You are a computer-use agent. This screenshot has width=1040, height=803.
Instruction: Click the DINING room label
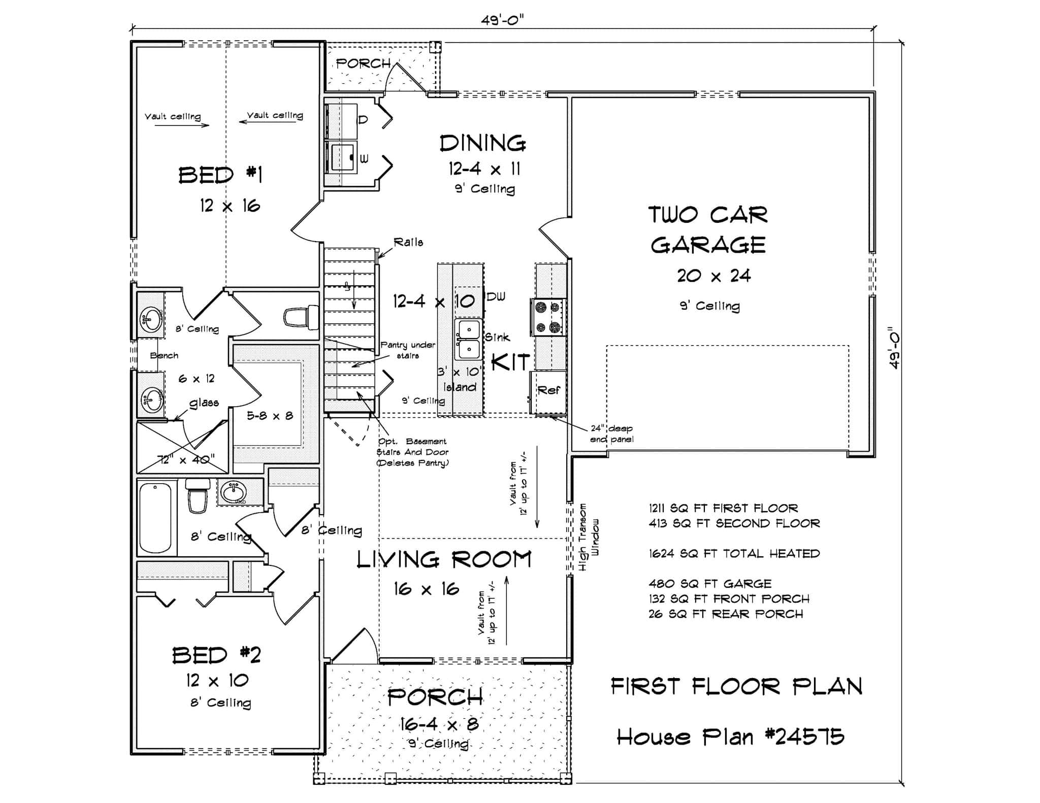[x=482, y=144]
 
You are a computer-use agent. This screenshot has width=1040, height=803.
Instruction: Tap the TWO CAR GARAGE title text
[x=708, y=230]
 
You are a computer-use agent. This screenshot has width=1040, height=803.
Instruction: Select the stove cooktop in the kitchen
[x=548, y=317]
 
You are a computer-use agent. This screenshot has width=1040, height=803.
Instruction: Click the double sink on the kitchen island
[x=468, y=339]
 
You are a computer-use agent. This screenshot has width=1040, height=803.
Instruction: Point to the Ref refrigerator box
[x=548, y=391]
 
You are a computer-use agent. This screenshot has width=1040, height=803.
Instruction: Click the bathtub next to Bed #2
[x=155, y=518]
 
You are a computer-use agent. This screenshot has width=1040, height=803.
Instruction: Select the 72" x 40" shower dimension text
[x=186, y=460]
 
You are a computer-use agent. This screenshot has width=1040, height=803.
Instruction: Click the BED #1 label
[x=220, y=176]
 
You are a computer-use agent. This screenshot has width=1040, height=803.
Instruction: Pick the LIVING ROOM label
[x=444, y=560]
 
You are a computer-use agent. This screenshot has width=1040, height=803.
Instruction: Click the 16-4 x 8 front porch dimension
[x=439, y=724]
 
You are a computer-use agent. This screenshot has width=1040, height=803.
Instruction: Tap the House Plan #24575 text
[x=730, y=737]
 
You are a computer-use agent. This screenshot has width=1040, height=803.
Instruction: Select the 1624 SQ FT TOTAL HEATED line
[x=734, y=554]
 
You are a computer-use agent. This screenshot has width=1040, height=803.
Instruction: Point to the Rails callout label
[x=408, y=243]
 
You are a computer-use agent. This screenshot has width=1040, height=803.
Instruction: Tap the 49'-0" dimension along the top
[x=502, y=20]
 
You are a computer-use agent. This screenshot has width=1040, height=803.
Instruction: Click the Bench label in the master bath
[x=164, y=356]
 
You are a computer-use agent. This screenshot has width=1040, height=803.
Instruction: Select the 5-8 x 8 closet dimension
[x=270, y=416]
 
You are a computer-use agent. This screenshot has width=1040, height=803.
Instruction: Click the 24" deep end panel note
[x=611, y=434]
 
